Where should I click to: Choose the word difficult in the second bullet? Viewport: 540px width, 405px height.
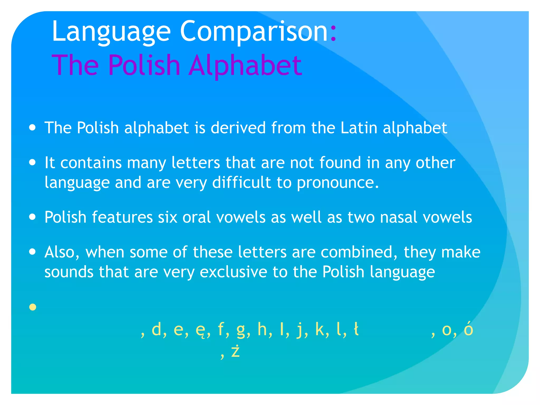point(242,182)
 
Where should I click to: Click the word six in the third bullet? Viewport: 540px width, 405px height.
point(167,217)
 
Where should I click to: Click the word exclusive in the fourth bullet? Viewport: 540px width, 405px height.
point(233,272)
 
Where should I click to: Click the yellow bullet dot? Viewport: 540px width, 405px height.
point(33,307)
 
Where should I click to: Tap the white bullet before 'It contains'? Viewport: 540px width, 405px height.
point(32,162)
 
